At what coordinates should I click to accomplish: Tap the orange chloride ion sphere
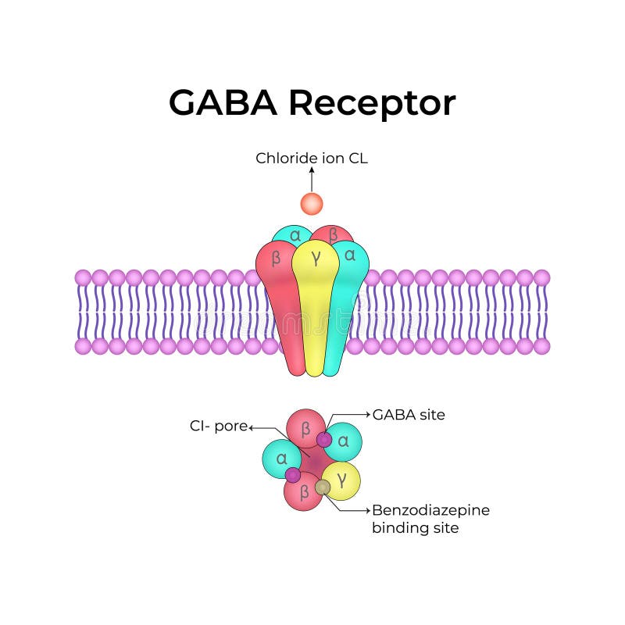tap(312, 204)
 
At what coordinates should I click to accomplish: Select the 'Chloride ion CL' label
tap(312, 159)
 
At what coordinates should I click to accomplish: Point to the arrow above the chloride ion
tap(312, 179)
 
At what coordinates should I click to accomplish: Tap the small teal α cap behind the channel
tap(294, 234)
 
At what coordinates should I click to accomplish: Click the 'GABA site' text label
tap(409, 415)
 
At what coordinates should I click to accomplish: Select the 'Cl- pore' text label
tap(218, 427)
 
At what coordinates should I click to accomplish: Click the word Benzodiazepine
tap(430, 510)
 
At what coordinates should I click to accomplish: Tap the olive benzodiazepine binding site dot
tap(323, 487)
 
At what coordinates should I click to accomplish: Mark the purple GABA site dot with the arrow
tap(324, 440)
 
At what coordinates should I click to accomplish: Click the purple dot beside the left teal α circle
tap(292, 474)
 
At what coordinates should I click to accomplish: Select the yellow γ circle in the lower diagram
tap(342, 478)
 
